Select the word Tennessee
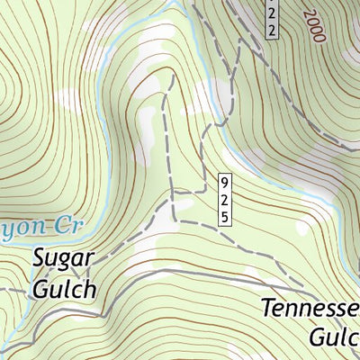pyautogui.click(x=310, y=309)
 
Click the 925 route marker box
pyautogui.click(x=224, y=200)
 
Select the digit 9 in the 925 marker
pyautogui.click(x=224, y=185)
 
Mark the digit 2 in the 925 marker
pyautogui.click(x=224, y=200)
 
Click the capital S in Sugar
pyautogui.click(x=41, y=261)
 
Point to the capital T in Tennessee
pyautogui.click(x=268, y=309)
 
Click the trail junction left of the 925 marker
pyautogui.click(x=174, y=193)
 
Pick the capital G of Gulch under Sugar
pyautogui.click(x=40, y=291)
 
